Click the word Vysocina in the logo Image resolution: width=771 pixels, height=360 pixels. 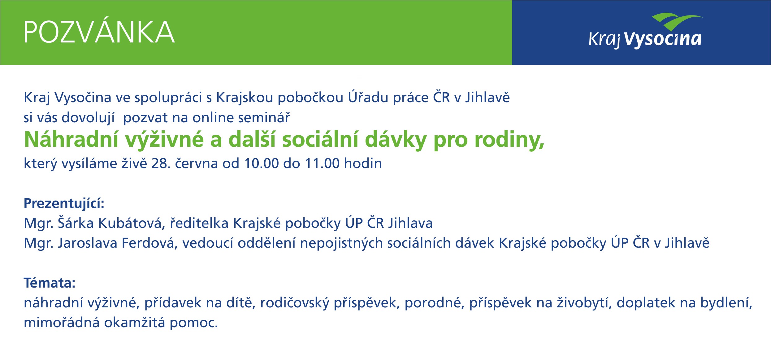click(662, 39)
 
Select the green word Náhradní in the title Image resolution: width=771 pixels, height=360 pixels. click(71, 140)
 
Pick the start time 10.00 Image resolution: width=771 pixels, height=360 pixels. click(261, 163)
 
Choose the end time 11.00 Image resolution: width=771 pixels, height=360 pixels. click(322, 163)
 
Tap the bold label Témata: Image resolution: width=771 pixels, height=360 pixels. click(50, 283)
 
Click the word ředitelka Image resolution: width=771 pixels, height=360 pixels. click(199, 223)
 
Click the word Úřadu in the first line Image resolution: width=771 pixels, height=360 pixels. click(368, 97)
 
